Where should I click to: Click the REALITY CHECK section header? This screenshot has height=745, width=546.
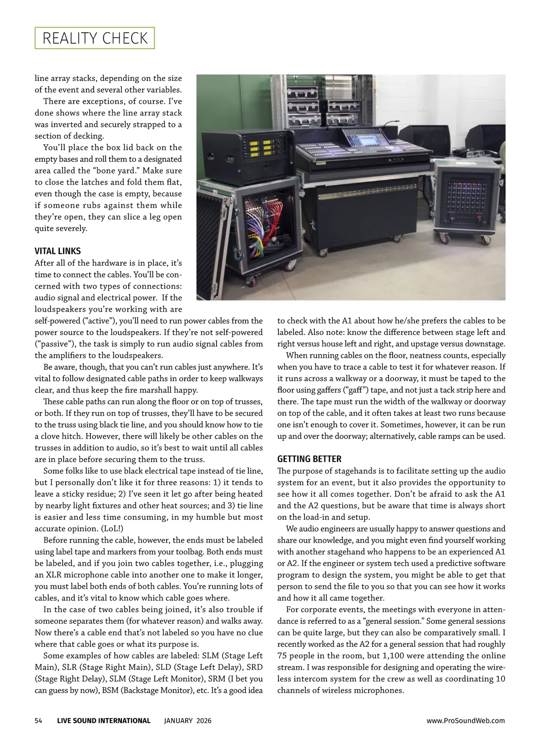(95, 38)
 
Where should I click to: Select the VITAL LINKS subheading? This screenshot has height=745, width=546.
(58, 251)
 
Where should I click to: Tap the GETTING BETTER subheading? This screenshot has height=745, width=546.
(309, 459)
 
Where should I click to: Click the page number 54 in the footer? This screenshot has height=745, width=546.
(39, 720)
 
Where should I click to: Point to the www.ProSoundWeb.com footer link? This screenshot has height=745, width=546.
(465, 720)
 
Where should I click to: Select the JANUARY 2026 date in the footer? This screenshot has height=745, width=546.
(187, 720)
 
